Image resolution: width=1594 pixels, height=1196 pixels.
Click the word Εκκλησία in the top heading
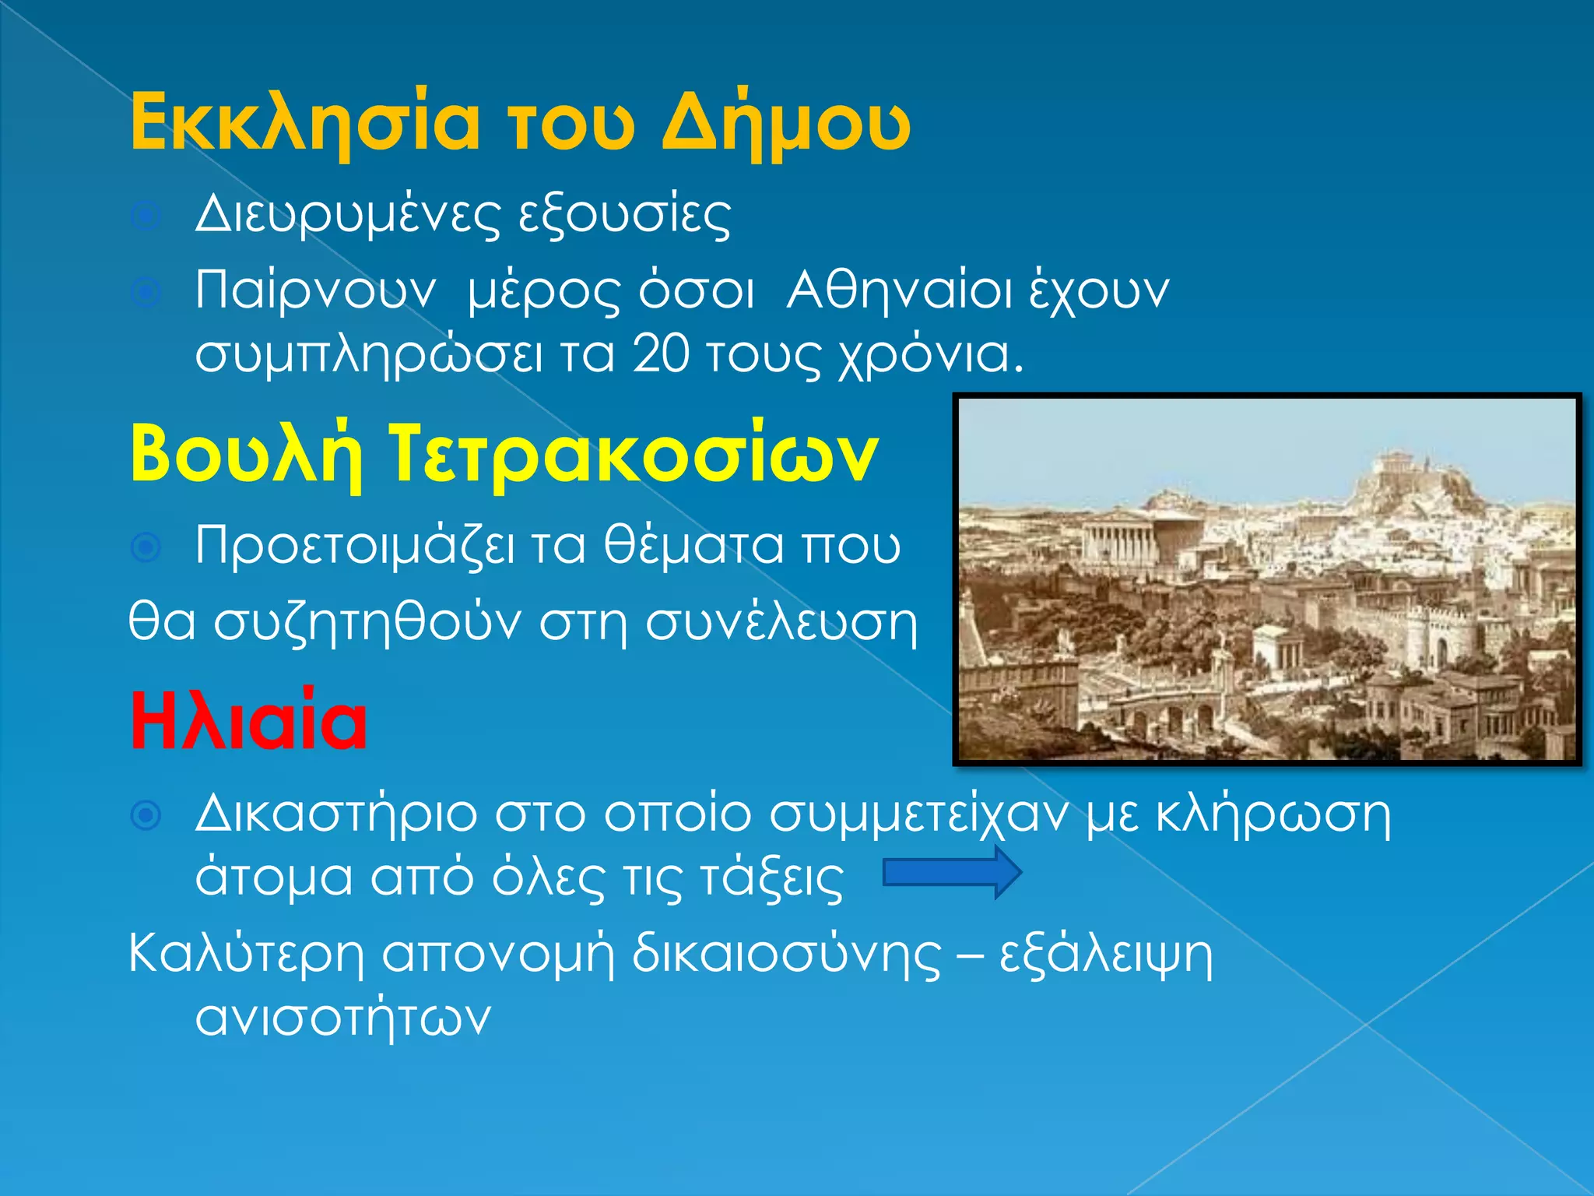pos(304,122)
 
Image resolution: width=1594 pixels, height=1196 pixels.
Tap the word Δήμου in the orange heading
pos(786,122)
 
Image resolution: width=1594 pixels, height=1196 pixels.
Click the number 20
pos(661,354)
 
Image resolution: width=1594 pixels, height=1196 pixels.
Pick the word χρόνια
pos(931,355)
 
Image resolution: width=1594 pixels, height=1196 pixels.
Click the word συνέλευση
pos(781,622)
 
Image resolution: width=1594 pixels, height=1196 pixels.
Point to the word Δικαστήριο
pos(335,814)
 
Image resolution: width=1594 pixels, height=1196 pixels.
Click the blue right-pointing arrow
pos(951,873)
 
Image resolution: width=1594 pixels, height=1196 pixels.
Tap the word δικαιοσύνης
pos(786,954)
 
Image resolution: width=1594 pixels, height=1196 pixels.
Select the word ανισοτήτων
pos(343,1017)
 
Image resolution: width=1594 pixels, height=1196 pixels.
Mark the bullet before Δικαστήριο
pos(146,815)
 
